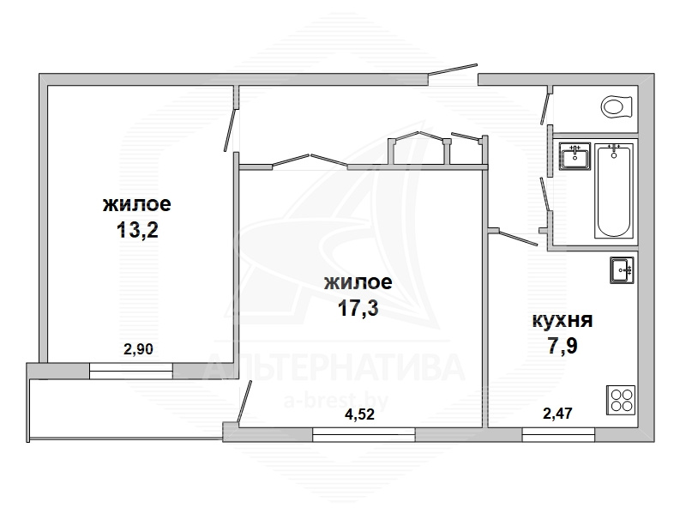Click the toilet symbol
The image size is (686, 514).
coord(617,106)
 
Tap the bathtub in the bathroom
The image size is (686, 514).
coord(614,190)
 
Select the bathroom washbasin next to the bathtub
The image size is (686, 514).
coord(575,156)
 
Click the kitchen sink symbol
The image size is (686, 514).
coord(622,270)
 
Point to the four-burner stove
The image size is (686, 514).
coord(621,400)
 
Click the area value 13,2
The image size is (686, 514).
coord(137,230)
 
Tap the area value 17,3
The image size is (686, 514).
coord(358,308)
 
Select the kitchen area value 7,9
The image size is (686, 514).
coord(563,346)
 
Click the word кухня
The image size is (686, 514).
coord(563,320)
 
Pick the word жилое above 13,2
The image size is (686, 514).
coord(137,204)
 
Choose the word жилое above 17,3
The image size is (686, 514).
coord(358,282)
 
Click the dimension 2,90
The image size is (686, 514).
coord(138,349)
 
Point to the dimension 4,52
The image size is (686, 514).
coord(359,414)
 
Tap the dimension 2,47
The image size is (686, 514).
coord(558,414)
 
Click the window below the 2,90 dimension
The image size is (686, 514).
coord(131,371)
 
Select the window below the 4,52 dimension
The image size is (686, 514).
coord(364,435)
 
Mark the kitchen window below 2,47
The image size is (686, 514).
coord(558,435)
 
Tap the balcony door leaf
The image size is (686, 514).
coord(244,402)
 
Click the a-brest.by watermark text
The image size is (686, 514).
coord(336,400)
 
